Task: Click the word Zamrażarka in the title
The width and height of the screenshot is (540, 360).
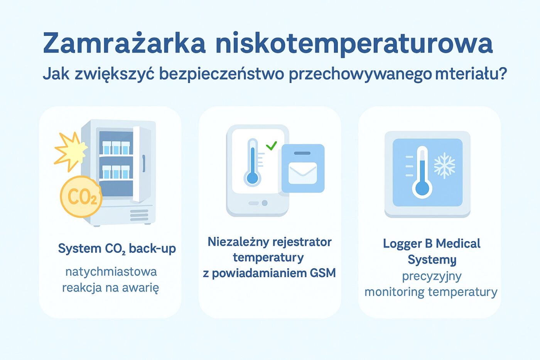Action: pos(124,43)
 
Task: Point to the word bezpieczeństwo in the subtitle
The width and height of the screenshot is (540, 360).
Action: pos(221,74)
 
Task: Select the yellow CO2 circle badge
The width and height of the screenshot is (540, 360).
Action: pos(81,197)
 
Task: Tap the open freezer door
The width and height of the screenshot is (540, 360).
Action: pos(142,164)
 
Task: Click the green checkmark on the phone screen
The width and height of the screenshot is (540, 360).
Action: pos(272,145)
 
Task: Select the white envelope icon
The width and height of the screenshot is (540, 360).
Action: pos(303,172)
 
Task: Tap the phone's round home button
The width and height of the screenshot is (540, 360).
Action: pos(265,203)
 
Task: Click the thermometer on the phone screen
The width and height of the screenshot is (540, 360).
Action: pos(252,162)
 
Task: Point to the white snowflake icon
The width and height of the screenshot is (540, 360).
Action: pos(444,166)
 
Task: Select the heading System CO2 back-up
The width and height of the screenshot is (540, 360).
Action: pos(117,248)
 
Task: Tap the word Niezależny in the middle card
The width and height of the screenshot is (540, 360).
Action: pos(233,242)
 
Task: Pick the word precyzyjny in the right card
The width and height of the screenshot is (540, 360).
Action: pos(432,276)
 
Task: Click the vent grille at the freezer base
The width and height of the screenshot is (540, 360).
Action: pos(139,215)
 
